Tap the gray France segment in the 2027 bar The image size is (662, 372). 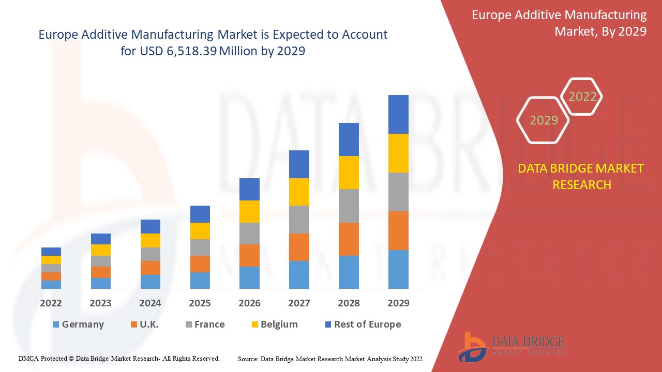coord(299,220)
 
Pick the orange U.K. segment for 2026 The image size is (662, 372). coord(249,255)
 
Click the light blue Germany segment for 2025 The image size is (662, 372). coord(200,280)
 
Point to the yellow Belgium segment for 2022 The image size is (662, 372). coord(51,260)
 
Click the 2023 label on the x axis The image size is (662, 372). coord(100,303)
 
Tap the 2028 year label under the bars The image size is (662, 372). coord(349,303)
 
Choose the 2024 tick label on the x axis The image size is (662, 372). coord(150,303)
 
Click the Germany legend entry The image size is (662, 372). coord(78,324)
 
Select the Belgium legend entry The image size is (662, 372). coord(274,324)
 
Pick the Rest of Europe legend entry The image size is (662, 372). coord(362,324)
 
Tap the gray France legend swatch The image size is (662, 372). coord(189,324)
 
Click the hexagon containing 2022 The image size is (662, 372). coord(582,97)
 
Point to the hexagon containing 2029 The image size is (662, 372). coord(544,120)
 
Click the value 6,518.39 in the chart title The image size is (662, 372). coord(190,51)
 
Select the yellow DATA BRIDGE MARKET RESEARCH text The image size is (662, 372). coord(582,176)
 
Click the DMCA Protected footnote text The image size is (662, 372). coord(119,358)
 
